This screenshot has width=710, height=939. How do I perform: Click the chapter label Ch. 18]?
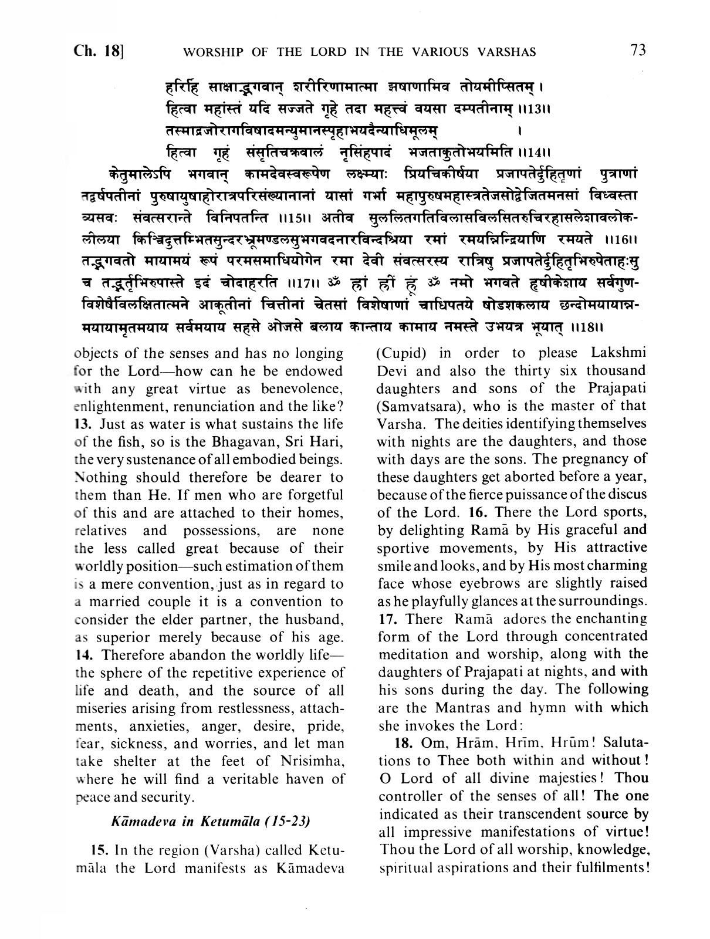coord(98,50)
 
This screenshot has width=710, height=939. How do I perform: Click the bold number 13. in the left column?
coord(84,424)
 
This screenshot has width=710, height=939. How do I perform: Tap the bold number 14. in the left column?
coord(84,654)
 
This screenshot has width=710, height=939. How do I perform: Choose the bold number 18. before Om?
coord(405,742)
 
